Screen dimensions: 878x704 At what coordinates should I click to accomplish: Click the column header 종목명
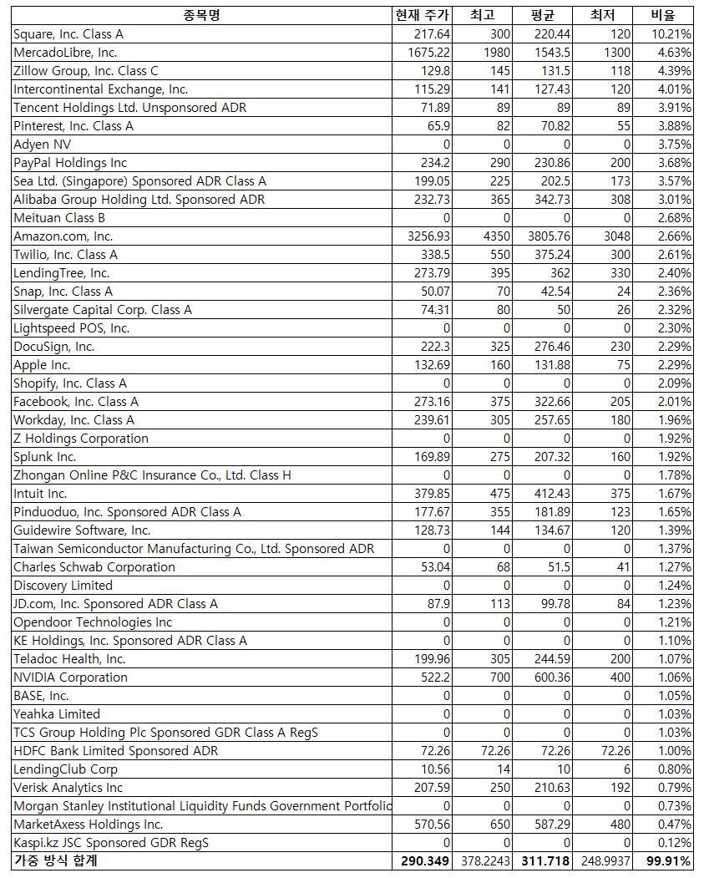pyautogui.click(x=202, y=15)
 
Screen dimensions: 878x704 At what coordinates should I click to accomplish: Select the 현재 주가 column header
pyautogui.click(x=422, y=15)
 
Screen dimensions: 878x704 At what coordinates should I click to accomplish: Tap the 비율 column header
pyautogui.click(x=671, y=15)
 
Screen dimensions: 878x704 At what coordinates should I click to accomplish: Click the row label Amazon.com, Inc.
pyautogui.click(x=63, y=236)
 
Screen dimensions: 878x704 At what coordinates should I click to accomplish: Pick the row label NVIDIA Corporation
pyautogui.click(x=70, y=678)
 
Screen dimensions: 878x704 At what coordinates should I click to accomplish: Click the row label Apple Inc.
pyautogui.click(x=42, y=365)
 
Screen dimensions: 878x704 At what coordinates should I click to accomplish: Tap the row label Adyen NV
pyautogui.click(x=42, y=145)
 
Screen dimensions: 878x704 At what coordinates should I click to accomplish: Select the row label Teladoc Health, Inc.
pyautogui.click(x=69, y=659)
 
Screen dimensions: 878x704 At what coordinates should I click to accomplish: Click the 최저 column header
pyautogui.click(x=603, y=15)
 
